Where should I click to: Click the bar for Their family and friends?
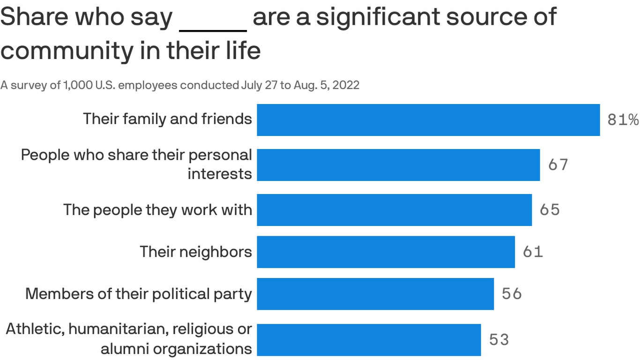428,120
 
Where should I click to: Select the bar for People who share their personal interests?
398,165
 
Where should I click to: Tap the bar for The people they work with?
394,210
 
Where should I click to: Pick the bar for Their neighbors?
386,252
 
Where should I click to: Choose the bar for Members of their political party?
375,294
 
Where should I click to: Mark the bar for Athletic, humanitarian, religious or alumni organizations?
369,339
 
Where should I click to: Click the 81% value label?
623,120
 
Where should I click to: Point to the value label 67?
558,165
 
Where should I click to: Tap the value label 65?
550,210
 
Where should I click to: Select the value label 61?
533,252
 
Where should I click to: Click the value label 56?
512,294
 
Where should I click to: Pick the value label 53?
499,339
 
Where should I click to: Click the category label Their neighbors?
196,252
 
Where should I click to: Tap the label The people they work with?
157,210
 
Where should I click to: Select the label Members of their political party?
139,294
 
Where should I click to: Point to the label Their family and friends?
167,119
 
